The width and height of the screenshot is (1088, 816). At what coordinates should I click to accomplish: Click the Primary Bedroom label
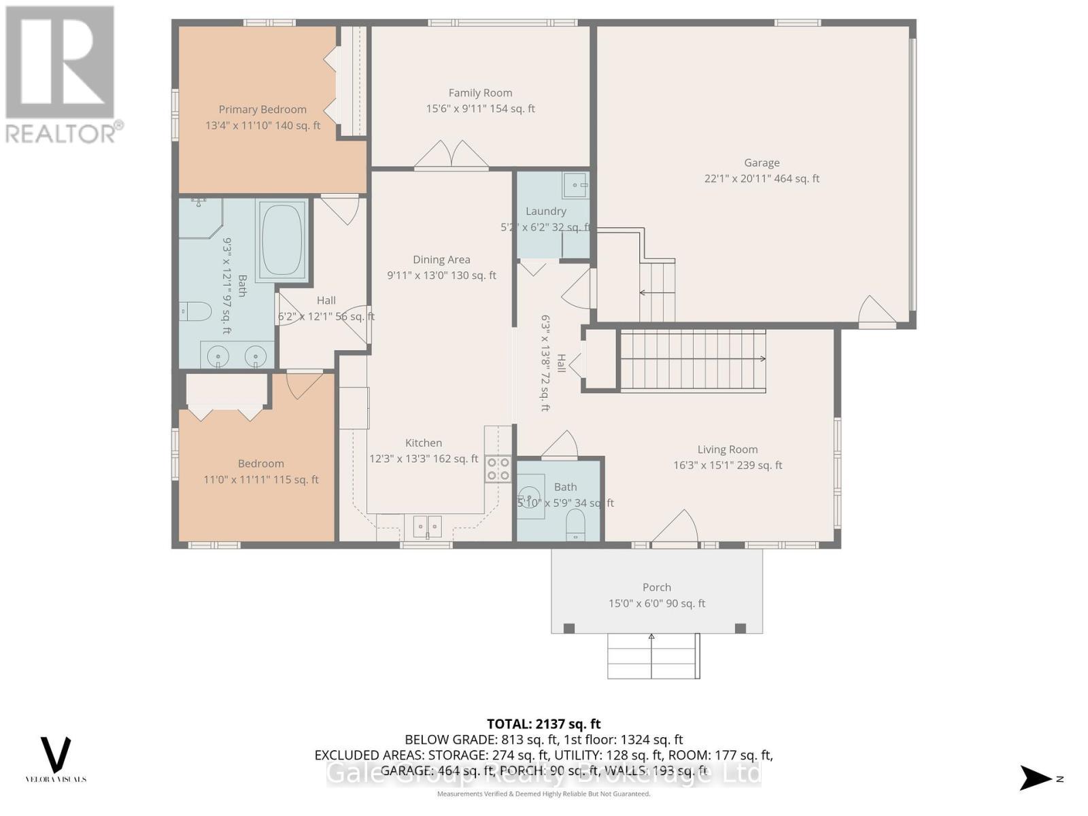click(262, 109)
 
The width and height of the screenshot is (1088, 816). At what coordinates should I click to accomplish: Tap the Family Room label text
click(480, 93)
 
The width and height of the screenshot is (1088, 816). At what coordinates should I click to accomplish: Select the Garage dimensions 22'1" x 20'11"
click(762, 179)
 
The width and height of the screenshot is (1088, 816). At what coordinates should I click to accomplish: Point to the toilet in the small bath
click(575, 525)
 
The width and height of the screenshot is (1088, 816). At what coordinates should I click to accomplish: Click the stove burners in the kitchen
click(498, 469)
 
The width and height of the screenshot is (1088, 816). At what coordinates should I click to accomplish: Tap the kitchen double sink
click(427, 526)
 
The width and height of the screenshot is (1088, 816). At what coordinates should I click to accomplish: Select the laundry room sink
click(576, 184)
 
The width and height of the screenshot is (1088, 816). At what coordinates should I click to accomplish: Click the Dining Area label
click(441, 260)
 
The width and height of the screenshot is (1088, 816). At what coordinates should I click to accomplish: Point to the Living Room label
click(727, 449)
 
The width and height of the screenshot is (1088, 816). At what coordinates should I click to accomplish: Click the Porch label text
click(656, 588)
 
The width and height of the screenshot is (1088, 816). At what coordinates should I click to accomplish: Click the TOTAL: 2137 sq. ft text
click(543, 724)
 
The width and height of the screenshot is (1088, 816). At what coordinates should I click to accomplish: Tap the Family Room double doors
click(452, 155)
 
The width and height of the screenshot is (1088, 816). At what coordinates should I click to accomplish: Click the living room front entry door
click(675, 529)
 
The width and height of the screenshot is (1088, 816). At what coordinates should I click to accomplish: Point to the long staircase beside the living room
click(692, 360)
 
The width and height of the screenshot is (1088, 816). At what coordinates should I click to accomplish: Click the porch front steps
click(653, 656)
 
